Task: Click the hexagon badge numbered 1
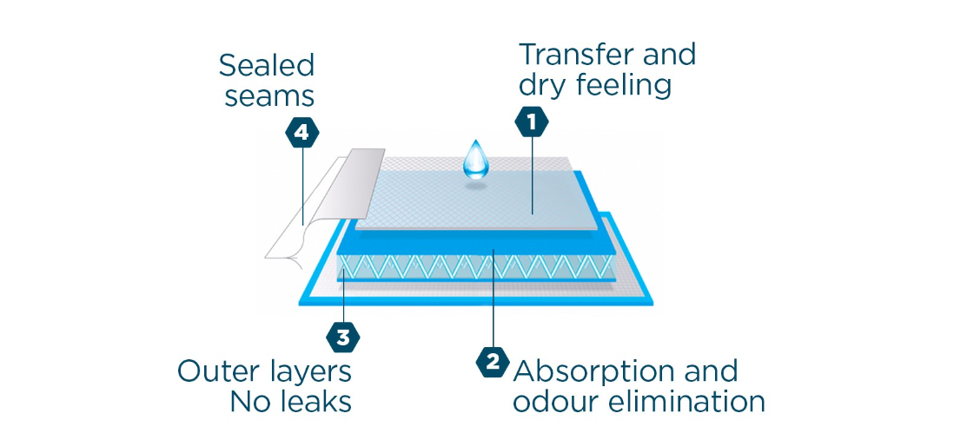(x=532, y=122)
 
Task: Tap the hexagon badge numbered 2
(x=493, y=363)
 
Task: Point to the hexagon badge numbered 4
(x=301, y=132)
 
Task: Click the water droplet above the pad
(x=475, y=159)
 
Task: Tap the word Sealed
(x=267, y=66)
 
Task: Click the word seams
(x=269, y=96)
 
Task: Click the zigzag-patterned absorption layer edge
(x=474, y=266)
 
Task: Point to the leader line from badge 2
(x=493, y=298)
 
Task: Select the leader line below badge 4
(x=302, y=187)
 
